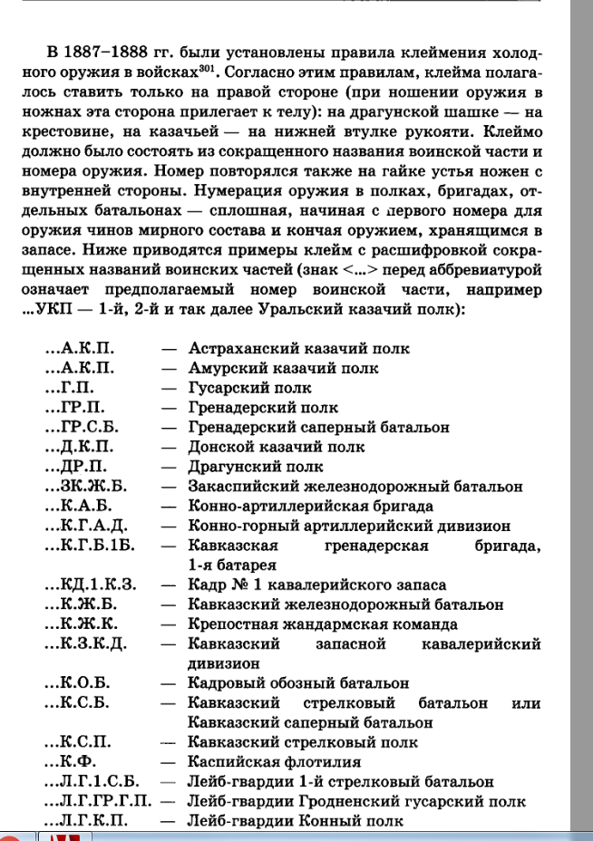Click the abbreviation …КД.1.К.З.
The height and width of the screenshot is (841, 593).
[x=90, y=585]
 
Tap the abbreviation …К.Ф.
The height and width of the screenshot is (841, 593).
[x=70, y=762]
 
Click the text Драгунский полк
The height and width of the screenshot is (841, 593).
[x=255, y=467]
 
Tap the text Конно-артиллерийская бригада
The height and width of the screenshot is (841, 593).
[x=310, y=506]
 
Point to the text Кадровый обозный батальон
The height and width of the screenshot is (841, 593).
[x=298, y=683]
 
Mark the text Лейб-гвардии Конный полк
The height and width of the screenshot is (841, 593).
[x=294, y=821]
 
